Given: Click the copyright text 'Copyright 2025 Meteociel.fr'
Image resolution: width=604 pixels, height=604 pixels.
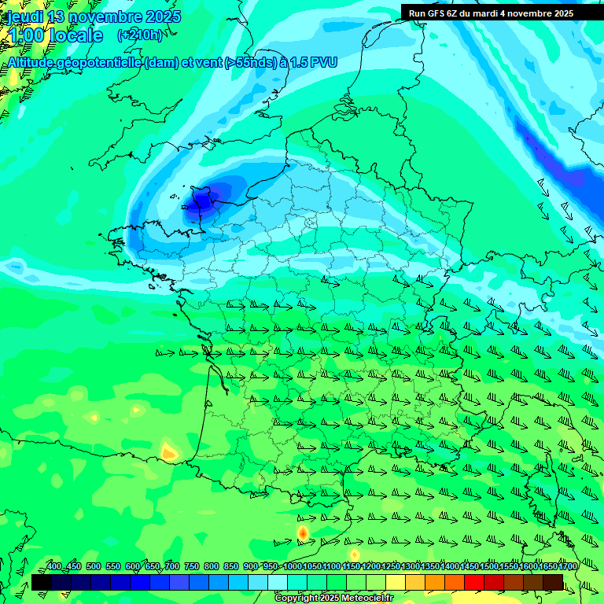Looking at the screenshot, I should tap(334, 598).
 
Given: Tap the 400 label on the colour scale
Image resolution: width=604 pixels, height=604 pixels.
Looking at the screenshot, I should tap(54, 567).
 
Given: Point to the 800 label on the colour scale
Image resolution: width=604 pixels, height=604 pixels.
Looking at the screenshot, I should tap(211, 567).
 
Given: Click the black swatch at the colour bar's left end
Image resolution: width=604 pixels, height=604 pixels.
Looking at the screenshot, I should tap(41, 582).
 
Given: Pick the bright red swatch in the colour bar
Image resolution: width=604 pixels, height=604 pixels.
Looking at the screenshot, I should tap(474, 582).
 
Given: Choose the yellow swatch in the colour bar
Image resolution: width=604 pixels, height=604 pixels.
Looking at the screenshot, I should tap(396, 582).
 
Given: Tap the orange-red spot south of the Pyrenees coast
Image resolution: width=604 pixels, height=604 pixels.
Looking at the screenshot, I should tap(302, 533).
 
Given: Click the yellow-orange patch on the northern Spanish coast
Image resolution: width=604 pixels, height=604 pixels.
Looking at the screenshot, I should tap(168, 451).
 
